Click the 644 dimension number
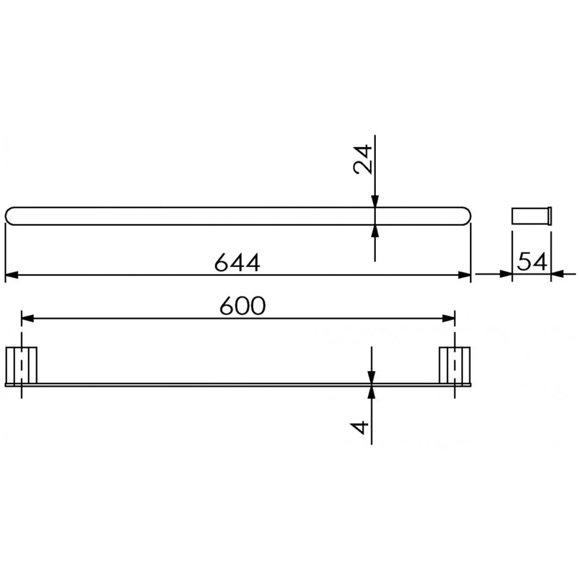pyautogui.click(x=237, y=262)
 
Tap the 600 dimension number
pyautogui.click(x=243, y=306)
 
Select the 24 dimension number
pyautogui.click(x=362, y=159)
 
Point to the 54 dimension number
pyautogui.click(x=532, y=262)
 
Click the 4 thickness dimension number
pyautogui.click(x=359, y=427)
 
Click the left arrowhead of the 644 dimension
pyautogui.click(x=12, y=275)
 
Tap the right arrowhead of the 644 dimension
pyautogui.click(x=464, y=275)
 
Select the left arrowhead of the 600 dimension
pyautogui.click(x=28, y=318)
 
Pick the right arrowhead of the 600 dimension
pyautogui.click(x=449, y=318)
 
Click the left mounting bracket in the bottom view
pyautogui.click(x=21, y=365)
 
